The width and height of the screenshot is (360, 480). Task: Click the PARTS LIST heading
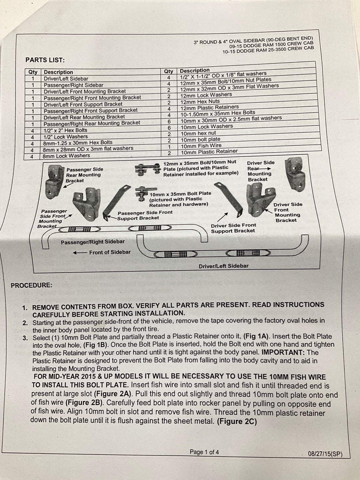[x=45, y=60]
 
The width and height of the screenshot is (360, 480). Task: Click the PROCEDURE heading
[x=31, y=285]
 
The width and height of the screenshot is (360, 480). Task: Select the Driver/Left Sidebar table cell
[x=66, y=79]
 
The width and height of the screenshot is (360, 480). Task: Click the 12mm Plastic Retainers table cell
[x=209, y=107]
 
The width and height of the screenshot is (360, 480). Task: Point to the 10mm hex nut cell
[x=198, y=133]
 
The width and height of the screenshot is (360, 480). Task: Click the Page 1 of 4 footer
[x=204, y=452]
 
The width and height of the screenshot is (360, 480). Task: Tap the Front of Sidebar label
[x=109, y=252]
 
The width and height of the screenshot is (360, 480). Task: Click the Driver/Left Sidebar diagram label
[x=223, y=266]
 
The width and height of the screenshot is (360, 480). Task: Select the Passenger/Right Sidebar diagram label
[x=93, y=242]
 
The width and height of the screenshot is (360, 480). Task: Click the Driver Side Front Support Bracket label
[x=233, y=228]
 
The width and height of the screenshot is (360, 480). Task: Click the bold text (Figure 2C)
[x=237, y=421]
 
